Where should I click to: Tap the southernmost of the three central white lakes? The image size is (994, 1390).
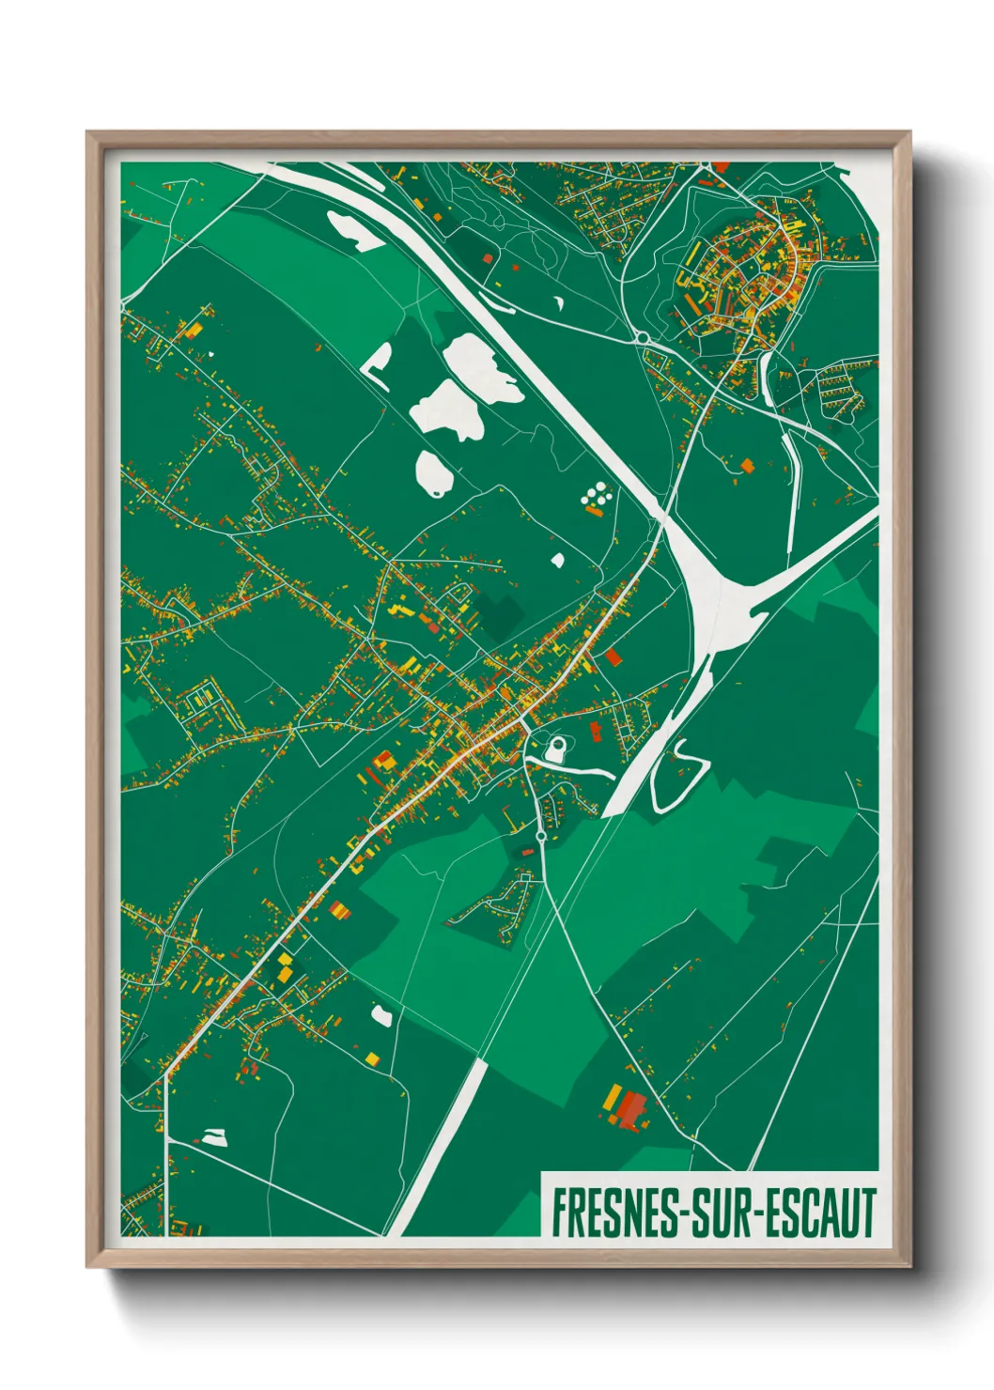tap(433, 472)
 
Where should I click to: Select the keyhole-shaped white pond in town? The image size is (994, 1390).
tap(556, 749)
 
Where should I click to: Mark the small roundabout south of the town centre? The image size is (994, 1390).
tap(541, 834)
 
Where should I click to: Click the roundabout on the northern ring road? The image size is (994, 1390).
tap(643, 335)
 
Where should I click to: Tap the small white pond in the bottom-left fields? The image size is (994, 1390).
tap(215, 1137)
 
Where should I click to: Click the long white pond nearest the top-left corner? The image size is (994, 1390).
tap(353, 231)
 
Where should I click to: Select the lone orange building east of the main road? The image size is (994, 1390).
tap(747, 465)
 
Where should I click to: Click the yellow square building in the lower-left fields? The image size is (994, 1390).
tap(372, 1059)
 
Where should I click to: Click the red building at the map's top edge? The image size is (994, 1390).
tap(721, 166)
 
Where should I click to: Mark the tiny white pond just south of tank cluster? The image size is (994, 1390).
tap(557, 561)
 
